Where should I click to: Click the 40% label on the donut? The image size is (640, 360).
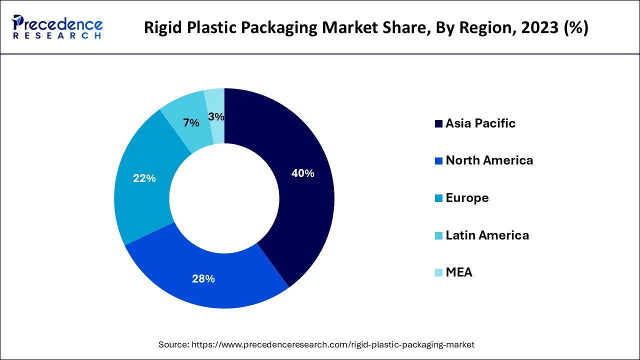pos(303,173)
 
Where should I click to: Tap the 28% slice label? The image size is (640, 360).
pos(203,279)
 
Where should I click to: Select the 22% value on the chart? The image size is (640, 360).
pos(144,178)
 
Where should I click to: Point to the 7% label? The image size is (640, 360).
pos(191,123)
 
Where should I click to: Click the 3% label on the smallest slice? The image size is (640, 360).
pos(216,117)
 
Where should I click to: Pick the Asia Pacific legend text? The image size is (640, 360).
pos(480,123)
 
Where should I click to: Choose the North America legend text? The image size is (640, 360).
pos(489,160)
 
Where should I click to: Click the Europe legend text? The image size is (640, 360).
pos(467,198)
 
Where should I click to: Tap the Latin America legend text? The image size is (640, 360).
pos(487,235)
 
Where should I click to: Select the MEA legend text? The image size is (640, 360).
pos(458,272)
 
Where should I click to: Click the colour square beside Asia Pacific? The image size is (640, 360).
pos(438,124)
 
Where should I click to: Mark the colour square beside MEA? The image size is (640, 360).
pos(438,273)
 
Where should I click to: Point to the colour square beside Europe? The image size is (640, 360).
pos(438,198)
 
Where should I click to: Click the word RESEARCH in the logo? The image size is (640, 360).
pos(57,36)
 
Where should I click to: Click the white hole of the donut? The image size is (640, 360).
pos(224,198)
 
